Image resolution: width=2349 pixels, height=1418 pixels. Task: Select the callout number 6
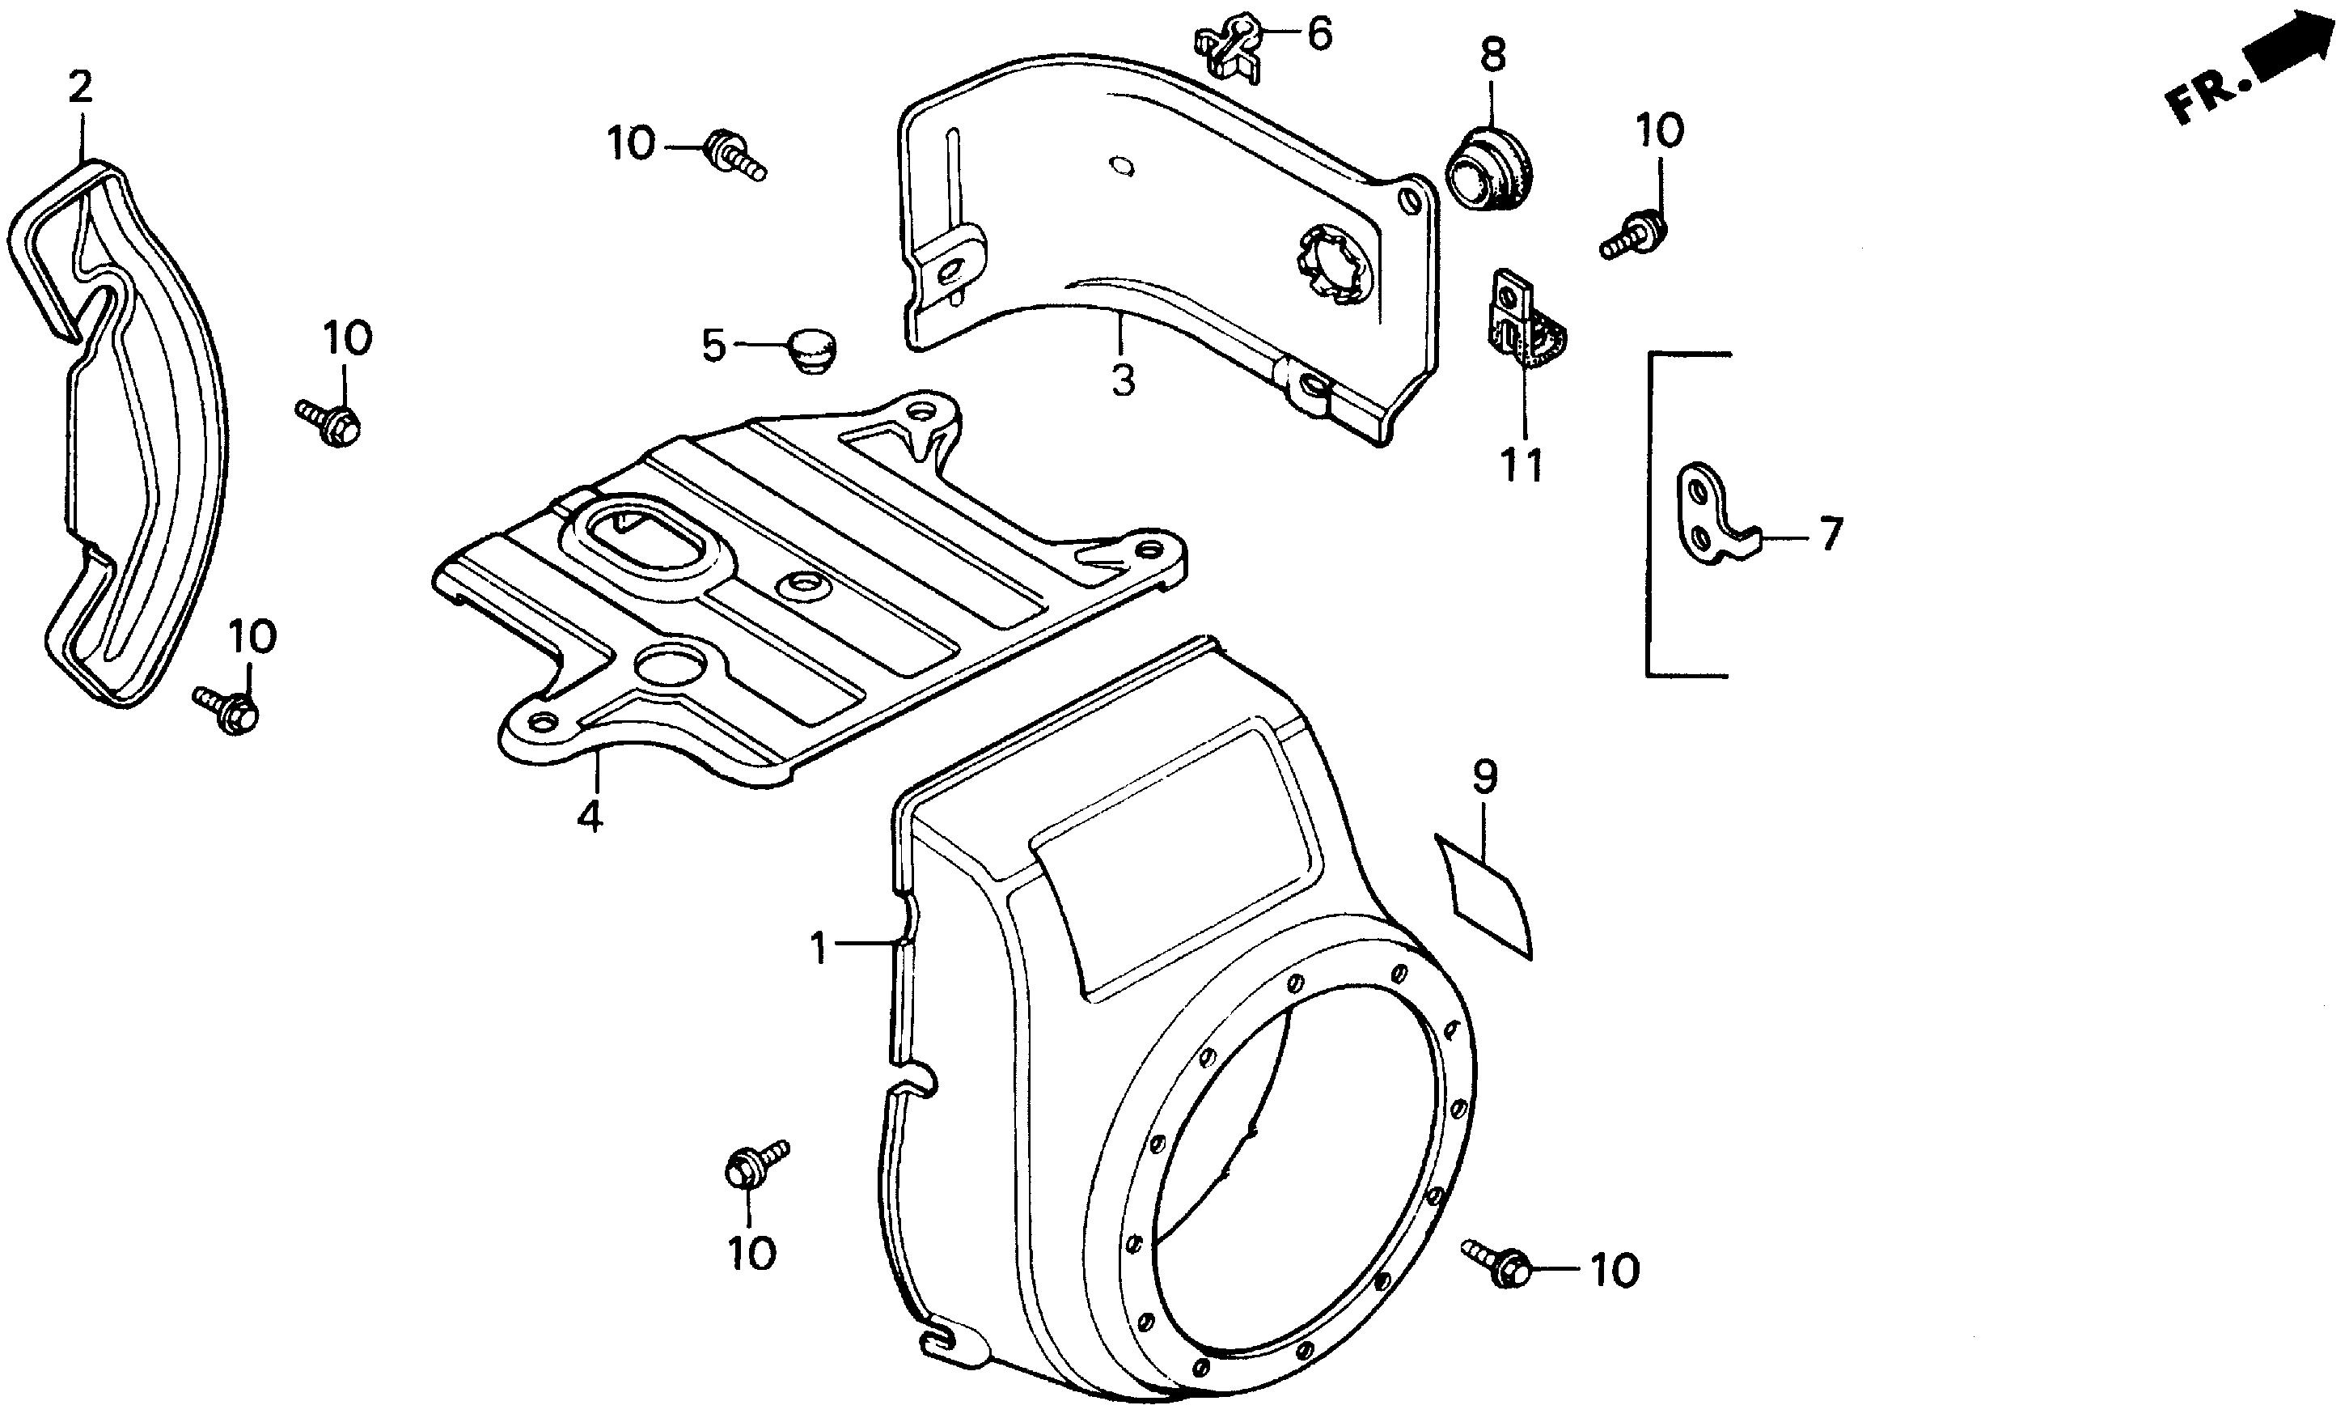tap(1318, 36)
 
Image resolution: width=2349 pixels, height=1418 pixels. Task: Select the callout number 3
tap(1123, 380)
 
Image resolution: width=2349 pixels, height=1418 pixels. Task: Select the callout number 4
tap(590, 817)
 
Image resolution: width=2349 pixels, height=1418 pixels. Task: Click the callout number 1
tap(818, 949)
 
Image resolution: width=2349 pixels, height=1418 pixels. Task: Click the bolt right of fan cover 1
tap(1496, 1261)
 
